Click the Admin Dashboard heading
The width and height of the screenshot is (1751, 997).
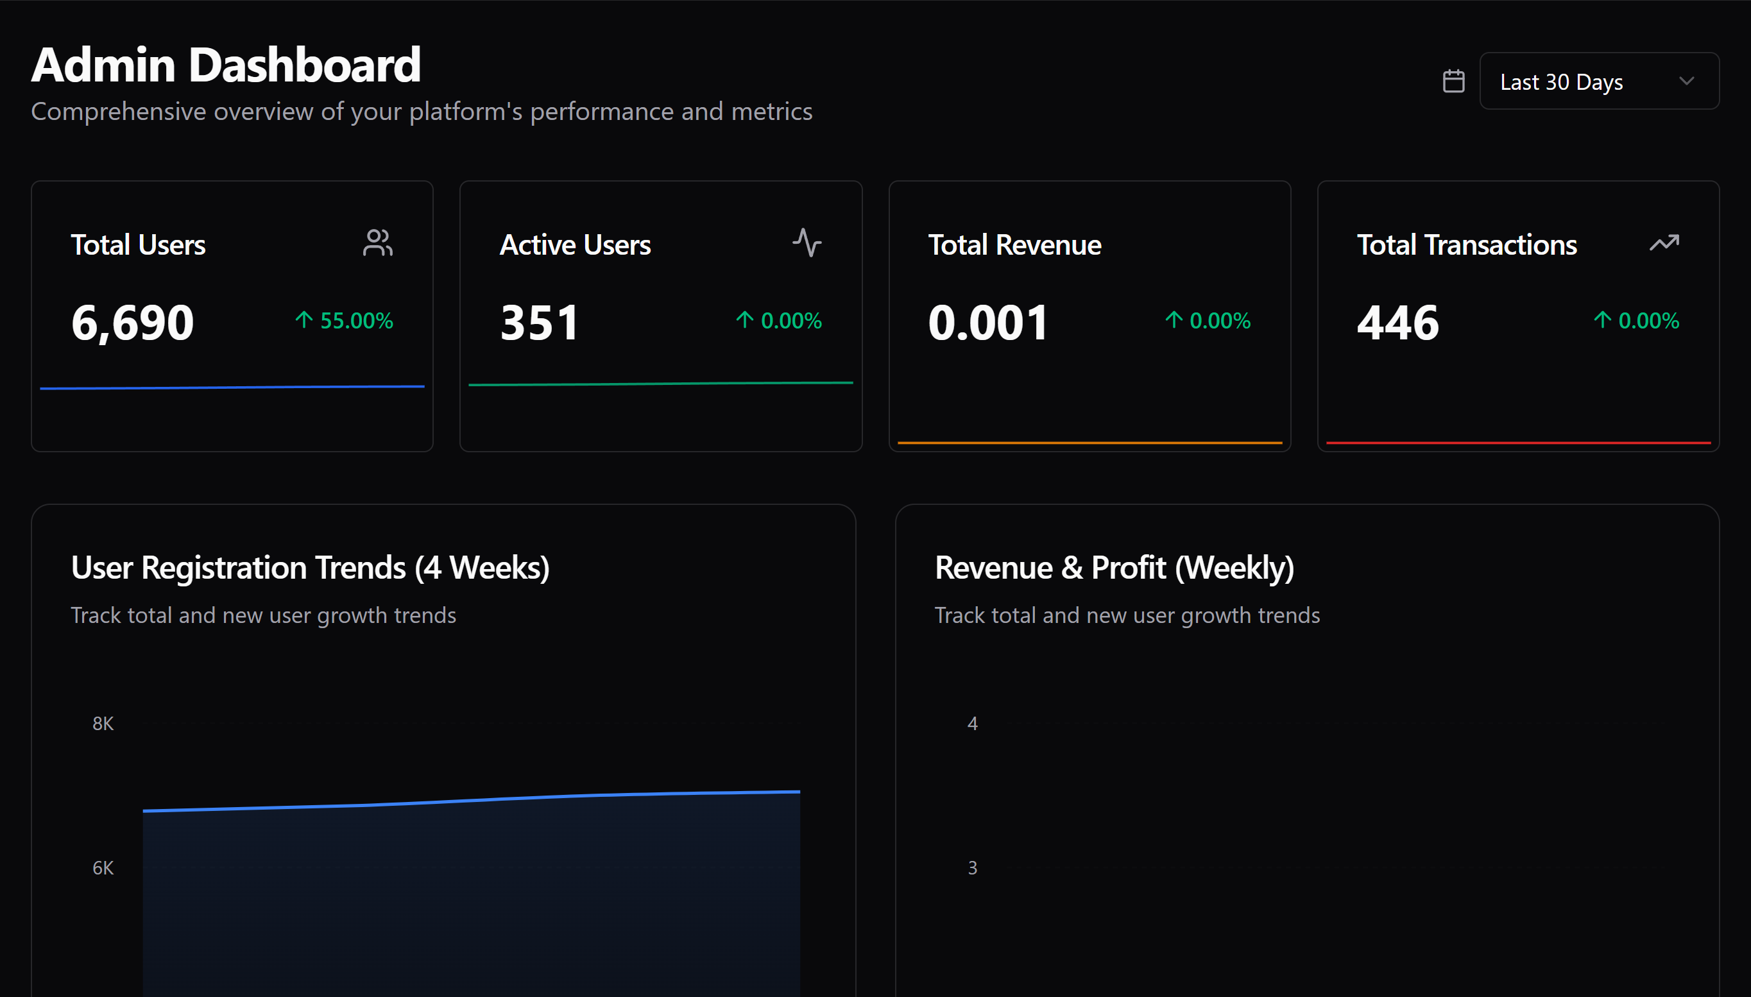click(x=225, y=65)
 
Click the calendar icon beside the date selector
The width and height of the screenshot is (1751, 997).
click(x=1453, y=81)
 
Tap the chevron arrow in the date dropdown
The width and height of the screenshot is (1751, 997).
click(x=1686, y=81)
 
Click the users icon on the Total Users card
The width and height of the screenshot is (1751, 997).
click(x=377, y=243)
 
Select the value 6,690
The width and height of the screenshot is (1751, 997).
click(x=132, y=322)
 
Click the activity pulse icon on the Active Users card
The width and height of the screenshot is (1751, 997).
click(x=807, y=243)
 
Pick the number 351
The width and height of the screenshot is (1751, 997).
click(x=539, y=322)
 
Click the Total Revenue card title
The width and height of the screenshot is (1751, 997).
click(x=1014, y=244)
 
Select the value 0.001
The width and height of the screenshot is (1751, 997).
click(x=987, y=322)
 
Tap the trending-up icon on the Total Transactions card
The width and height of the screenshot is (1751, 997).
click(x=1664, y=243)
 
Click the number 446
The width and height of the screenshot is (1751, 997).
click(x=1397, y=322)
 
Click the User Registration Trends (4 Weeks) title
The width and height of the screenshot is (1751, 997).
click(x=310, y=568)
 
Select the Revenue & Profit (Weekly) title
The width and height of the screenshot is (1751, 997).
click(x=1114, y=568)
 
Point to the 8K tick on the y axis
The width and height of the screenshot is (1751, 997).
click(x=103, y=724)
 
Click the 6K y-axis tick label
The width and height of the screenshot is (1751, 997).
click(x=103, y=868)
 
